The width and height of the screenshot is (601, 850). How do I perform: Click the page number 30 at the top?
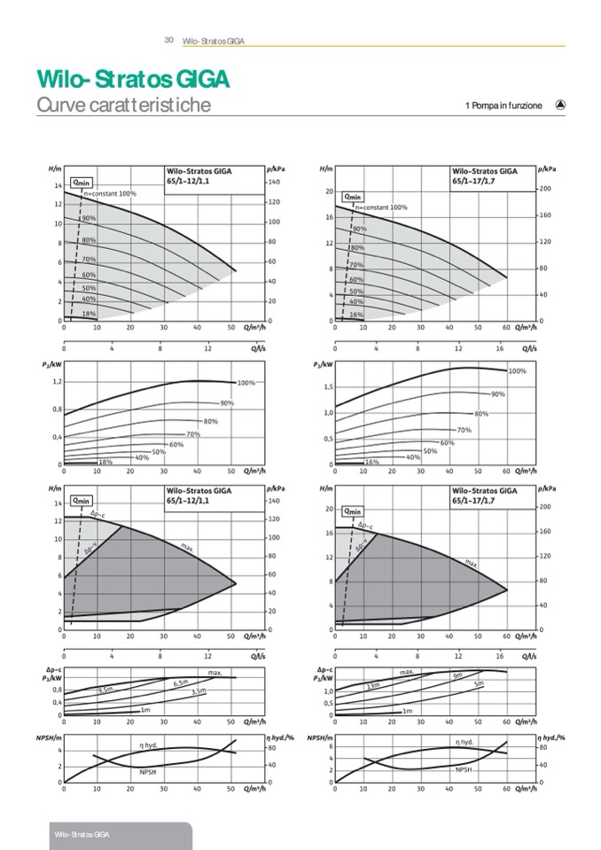point(168,40)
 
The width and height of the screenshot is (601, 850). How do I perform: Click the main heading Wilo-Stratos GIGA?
point(133,80)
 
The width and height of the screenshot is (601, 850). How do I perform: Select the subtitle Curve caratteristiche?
point(123,105)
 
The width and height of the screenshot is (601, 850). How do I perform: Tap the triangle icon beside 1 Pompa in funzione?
point(560,105)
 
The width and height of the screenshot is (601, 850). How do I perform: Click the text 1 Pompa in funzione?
point(503,105)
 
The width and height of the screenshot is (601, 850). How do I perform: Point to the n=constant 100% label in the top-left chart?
point(110,193)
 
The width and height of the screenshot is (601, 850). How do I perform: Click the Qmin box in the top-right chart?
point(353,197)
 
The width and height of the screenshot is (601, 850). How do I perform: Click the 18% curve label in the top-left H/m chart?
point(89,314)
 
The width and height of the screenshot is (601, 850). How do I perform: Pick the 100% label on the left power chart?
point(246,383)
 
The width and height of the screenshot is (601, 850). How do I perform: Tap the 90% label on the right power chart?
point(497,394)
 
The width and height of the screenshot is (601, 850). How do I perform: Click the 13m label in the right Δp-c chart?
point(373,686)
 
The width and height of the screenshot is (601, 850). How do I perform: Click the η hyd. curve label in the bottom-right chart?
point(464,742)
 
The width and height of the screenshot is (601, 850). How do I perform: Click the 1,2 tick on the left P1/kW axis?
point(55,382)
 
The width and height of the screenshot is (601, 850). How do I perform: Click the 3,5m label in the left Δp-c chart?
point(199,690)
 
